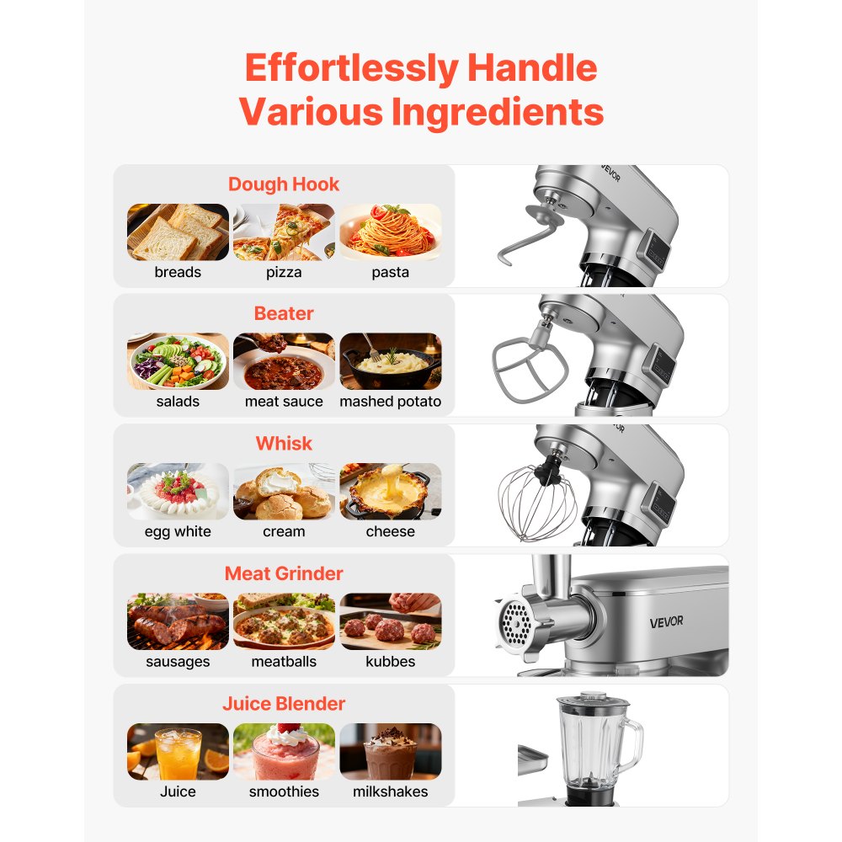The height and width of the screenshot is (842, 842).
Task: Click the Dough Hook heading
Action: pos(284,184)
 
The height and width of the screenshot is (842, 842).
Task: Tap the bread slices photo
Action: pos(178,232)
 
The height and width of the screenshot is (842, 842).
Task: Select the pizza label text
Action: pos(284,272)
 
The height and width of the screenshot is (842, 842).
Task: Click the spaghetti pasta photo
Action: pos(390,232)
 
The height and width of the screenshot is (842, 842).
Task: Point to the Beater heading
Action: pos(284,313)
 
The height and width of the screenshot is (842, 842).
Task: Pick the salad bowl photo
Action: pos(178,361)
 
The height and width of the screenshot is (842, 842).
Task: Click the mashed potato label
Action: pos(390,402)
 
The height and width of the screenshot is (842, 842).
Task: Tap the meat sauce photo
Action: pos(284,361)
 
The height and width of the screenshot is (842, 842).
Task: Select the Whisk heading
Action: pos(284,443)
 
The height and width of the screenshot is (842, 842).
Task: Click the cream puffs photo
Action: pos(284,491)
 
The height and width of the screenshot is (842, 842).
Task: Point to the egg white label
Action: pos(178,531)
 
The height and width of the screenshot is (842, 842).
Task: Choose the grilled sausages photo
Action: pos(178,621)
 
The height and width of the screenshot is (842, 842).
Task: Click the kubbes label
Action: pos(390,662)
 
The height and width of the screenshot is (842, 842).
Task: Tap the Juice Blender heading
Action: pos(284,703)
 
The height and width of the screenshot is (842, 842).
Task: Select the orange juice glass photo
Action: pos(178,751)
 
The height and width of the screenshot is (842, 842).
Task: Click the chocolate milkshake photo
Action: pos(390,751)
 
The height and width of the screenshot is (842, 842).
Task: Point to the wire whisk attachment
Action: pos(537,503)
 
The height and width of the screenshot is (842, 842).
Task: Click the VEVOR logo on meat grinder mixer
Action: pos(666,622)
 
